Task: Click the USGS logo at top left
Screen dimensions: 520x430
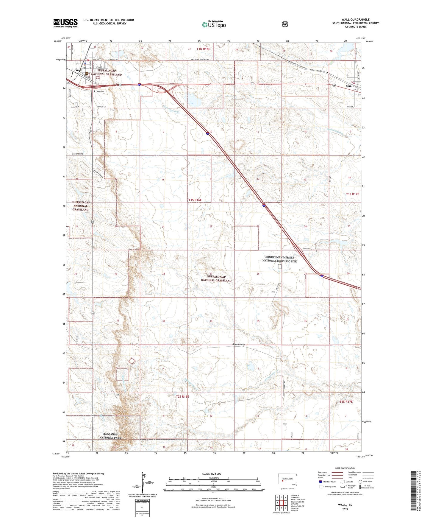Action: click(x=65, y=23)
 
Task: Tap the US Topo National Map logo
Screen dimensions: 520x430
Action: click(x=213, y=24)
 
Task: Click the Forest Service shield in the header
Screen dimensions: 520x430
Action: click(x=285, y=24)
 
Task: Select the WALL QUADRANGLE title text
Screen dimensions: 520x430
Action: click(x=356, y=19)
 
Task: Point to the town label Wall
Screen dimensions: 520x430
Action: click(x=79, y=70)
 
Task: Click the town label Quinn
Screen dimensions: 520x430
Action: click(x=350, y=86)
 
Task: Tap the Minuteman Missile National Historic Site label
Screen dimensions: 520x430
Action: click(x=279, y=259)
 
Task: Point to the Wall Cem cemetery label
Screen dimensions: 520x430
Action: click(x=100, y=91)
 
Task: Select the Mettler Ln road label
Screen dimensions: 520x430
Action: click(x=101, y=107)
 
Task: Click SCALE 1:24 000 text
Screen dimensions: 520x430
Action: click(x=212, y=474)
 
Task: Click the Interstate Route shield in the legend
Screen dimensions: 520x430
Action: click(x=320, y=482)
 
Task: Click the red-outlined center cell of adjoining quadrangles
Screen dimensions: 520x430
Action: click(x=282, y=503)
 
